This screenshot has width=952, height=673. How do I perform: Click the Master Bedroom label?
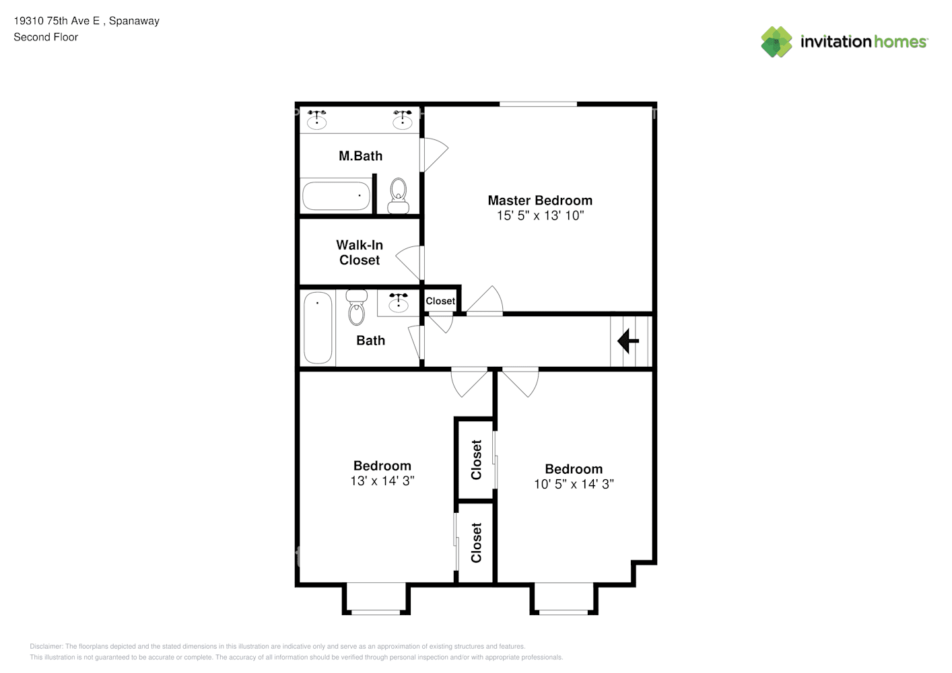540,200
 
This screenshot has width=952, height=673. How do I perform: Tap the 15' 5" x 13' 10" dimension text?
540,215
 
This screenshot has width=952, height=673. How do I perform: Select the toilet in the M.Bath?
398,195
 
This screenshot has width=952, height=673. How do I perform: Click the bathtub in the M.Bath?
336,196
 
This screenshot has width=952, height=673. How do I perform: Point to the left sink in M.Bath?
316,119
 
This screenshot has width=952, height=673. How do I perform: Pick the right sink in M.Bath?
402,119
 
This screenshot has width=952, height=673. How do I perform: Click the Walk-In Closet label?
360,252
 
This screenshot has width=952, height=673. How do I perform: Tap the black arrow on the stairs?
627,341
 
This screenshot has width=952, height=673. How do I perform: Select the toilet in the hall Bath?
356,307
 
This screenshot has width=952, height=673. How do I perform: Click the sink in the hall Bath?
398,302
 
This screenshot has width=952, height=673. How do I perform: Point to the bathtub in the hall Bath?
318,328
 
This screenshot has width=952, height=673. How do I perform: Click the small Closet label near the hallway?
440,301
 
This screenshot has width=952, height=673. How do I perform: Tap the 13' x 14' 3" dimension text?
382,481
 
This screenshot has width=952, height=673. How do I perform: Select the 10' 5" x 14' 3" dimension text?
574,484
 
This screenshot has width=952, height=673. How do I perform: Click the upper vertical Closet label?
476,460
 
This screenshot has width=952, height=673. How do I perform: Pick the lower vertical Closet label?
476,542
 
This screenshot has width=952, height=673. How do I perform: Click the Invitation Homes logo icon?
776,42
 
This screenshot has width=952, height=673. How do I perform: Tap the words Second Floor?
46,37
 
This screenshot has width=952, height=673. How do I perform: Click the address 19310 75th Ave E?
57,21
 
